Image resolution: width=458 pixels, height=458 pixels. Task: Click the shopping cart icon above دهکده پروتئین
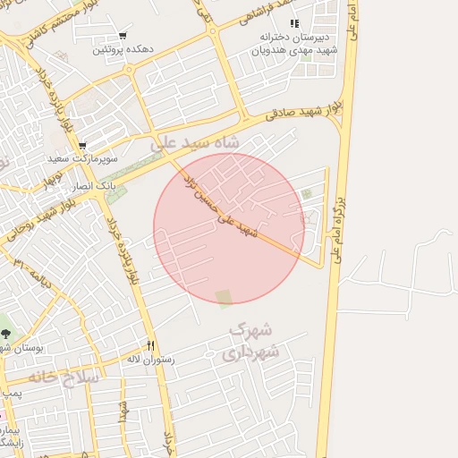tap(123, 37)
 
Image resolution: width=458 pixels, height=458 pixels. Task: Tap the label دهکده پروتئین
tap(122, 50)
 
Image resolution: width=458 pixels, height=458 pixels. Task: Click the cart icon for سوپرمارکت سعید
tap(81, 146)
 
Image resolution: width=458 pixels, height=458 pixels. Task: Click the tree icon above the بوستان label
tap(7, 335)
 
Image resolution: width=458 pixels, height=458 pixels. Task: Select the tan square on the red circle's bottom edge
tap(223, 297)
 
